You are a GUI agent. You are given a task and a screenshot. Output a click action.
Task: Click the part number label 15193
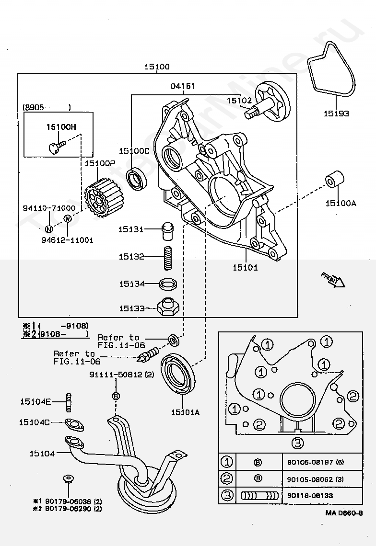point(336,114)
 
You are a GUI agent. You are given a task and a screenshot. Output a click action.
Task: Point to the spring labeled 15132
point(168,258)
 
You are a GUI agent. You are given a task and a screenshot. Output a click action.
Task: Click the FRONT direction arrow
point(332,280)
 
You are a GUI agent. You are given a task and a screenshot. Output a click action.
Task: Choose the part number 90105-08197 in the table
point(315,463)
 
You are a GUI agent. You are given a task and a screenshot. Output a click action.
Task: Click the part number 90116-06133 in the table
point(310,496)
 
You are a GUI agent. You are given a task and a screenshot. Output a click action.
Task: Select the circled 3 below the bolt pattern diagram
point(297,443)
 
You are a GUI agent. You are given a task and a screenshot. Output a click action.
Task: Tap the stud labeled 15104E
point(69,402)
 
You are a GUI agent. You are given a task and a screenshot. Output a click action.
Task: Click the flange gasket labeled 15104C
point(74,425)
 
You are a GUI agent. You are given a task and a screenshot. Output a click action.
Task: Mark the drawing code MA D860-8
point(344,512)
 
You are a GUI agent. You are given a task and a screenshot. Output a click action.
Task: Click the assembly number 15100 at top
point(157,67)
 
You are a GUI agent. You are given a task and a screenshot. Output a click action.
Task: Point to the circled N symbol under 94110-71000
point(49,229)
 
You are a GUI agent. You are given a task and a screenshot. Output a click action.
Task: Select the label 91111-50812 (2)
point(121,375)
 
